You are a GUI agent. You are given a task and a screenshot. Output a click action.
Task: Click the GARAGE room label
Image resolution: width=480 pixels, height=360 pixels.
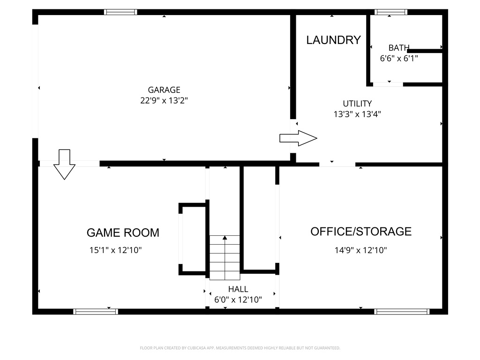164,90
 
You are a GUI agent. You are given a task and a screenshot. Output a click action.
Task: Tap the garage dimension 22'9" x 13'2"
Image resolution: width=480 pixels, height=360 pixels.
164,100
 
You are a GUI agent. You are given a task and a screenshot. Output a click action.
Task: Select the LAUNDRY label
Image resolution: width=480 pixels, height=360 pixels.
333,40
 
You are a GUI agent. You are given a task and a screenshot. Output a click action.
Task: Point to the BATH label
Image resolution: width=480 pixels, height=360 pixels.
399,48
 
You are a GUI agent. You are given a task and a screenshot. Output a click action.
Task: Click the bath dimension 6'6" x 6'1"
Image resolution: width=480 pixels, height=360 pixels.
399,58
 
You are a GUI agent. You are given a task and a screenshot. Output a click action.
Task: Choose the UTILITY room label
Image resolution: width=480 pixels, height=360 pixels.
357,104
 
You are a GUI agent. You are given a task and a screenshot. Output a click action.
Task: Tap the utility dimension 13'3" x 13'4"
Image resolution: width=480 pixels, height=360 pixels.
357,114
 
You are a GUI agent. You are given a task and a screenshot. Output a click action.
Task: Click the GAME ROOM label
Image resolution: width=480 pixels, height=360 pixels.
123,232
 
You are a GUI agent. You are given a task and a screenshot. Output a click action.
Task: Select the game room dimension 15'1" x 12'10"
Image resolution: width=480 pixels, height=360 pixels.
115,250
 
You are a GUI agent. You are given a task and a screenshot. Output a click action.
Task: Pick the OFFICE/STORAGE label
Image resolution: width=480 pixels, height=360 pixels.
361,232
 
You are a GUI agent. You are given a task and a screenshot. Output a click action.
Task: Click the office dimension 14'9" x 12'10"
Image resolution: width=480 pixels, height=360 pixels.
360,250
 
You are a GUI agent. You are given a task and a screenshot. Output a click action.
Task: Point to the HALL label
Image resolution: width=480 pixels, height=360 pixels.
238,289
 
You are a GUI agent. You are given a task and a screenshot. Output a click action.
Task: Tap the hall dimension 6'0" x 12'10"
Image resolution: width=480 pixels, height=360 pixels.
238,300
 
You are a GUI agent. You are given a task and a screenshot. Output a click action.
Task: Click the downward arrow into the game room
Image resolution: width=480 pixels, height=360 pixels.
64,165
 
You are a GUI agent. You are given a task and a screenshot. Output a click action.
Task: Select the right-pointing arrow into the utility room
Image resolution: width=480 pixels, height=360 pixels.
298,138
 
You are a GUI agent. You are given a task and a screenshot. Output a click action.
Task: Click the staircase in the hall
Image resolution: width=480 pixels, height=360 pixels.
225,257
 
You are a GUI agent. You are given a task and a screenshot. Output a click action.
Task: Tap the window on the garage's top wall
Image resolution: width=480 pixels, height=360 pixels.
120,12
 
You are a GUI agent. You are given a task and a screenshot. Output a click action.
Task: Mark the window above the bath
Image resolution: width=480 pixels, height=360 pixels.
391,12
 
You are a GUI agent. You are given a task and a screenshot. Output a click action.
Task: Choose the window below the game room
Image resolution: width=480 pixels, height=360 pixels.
96,312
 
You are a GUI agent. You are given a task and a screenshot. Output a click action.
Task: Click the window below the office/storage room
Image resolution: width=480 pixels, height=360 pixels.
402,312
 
